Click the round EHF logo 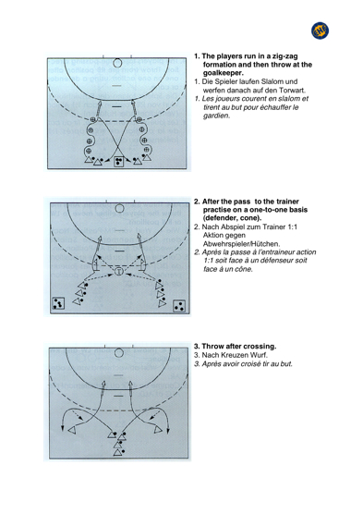click(320, 31)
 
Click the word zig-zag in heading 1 click(284, 56)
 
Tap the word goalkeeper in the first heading click(224, 73)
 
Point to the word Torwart click(292, 91)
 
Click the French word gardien click(216, 116)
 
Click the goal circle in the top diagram click(117, 63)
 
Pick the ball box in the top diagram click(118, 161)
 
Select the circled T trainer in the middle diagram click(119, 271)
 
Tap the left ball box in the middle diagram click(58, 303)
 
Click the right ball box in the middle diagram click(179, 306)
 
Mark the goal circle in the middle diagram click(120, 208)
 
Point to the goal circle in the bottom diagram click(119, 353)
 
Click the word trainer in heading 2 click(287, 202)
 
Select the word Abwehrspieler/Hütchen click(241, 244)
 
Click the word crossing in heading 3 click(261, 347)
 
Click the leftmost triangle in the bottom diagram click(72, 430)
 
